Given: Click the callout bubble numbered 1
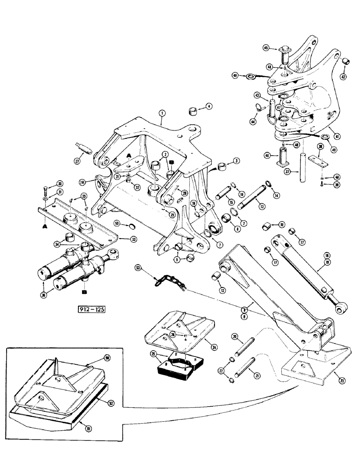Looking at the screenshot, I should tap(162, 113).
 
